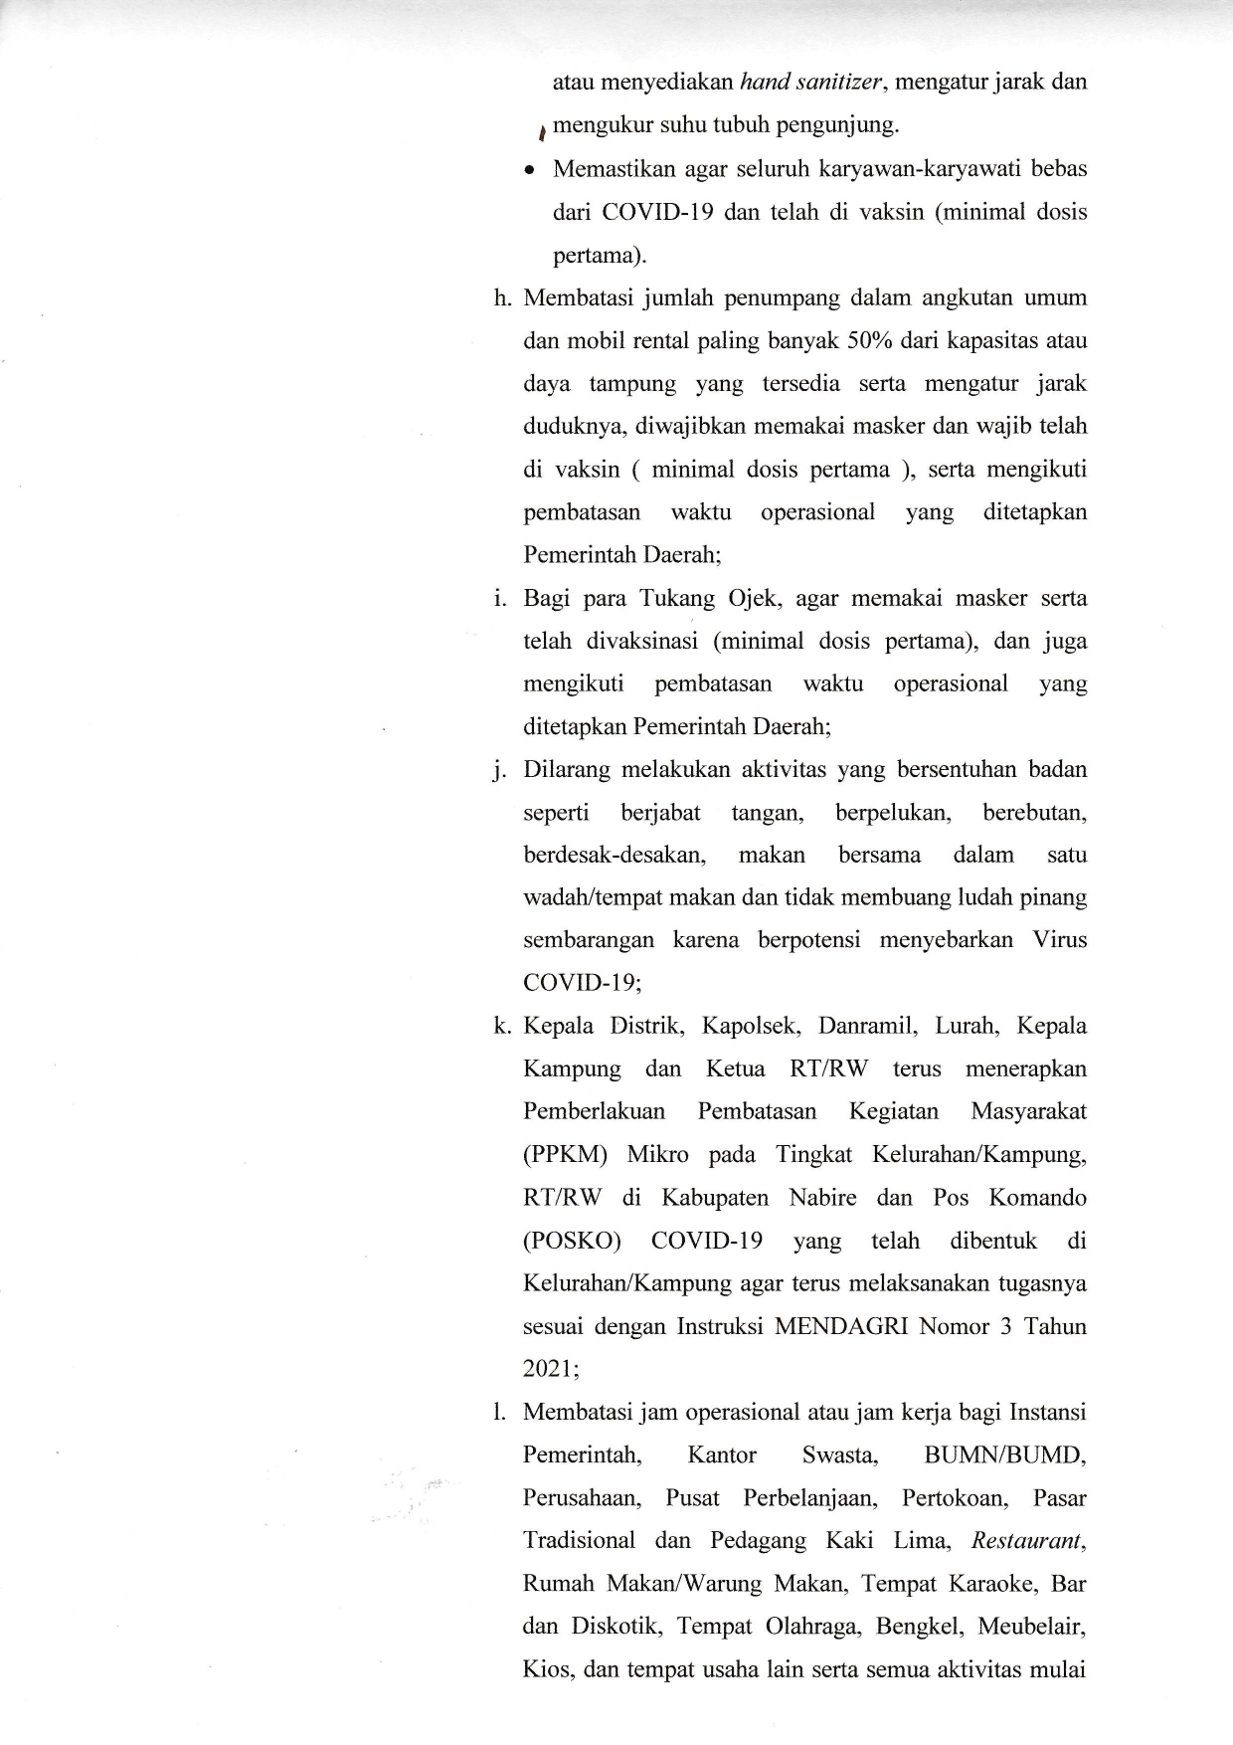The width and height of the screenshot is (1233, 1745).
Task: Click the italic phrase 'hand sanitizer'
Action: click(x=810, y=83)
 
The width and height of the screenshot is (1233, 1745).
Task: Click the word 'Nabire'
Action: click(x=822, y=1198)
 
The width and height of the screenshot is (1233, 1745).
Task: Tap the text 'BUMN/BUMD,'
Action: click(x=1004, y=1455)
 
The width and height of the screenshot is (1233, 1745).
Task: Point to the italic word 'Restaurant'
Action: click(x=1025, y=1541)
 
